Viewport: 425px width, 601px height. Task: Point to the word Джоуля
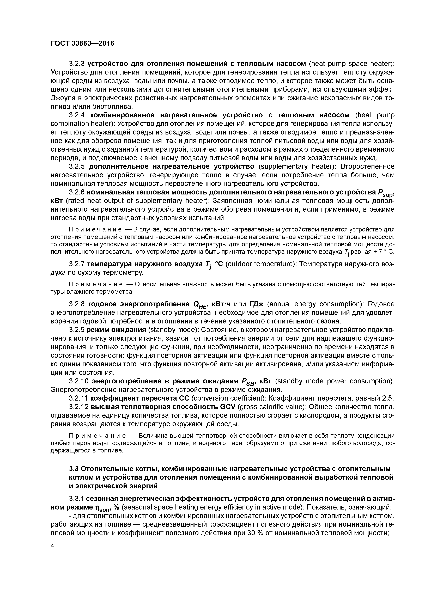coord(62,98)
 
